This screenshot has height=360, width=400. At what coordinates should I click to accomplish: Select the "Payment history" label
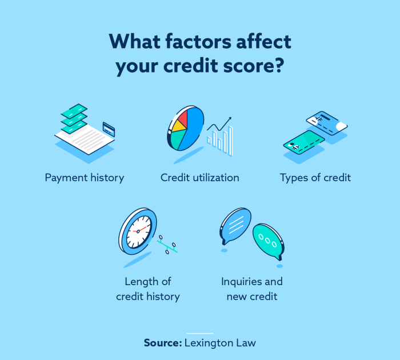coord(85,178)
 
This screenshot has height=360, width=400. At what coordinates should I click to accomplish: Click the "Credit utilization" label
coord(200,178)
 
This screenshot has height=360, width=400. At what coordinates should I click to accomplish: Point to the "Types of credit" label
coord(315,178)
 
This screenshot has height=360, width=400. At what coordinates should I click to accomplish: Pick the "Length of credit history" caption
coord(148,289)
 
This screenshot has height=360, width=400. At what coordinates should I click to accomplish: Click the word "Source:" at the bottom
coord(162,343)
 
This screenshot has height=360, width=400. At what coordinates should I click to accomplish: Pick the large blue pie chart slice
coord(194,129)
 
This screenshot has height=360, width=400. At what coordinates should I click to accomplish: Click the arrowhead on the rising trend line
coord(230,119)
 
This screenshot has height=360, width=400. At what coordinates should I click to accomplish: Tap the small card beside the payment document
coord(109,129)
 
